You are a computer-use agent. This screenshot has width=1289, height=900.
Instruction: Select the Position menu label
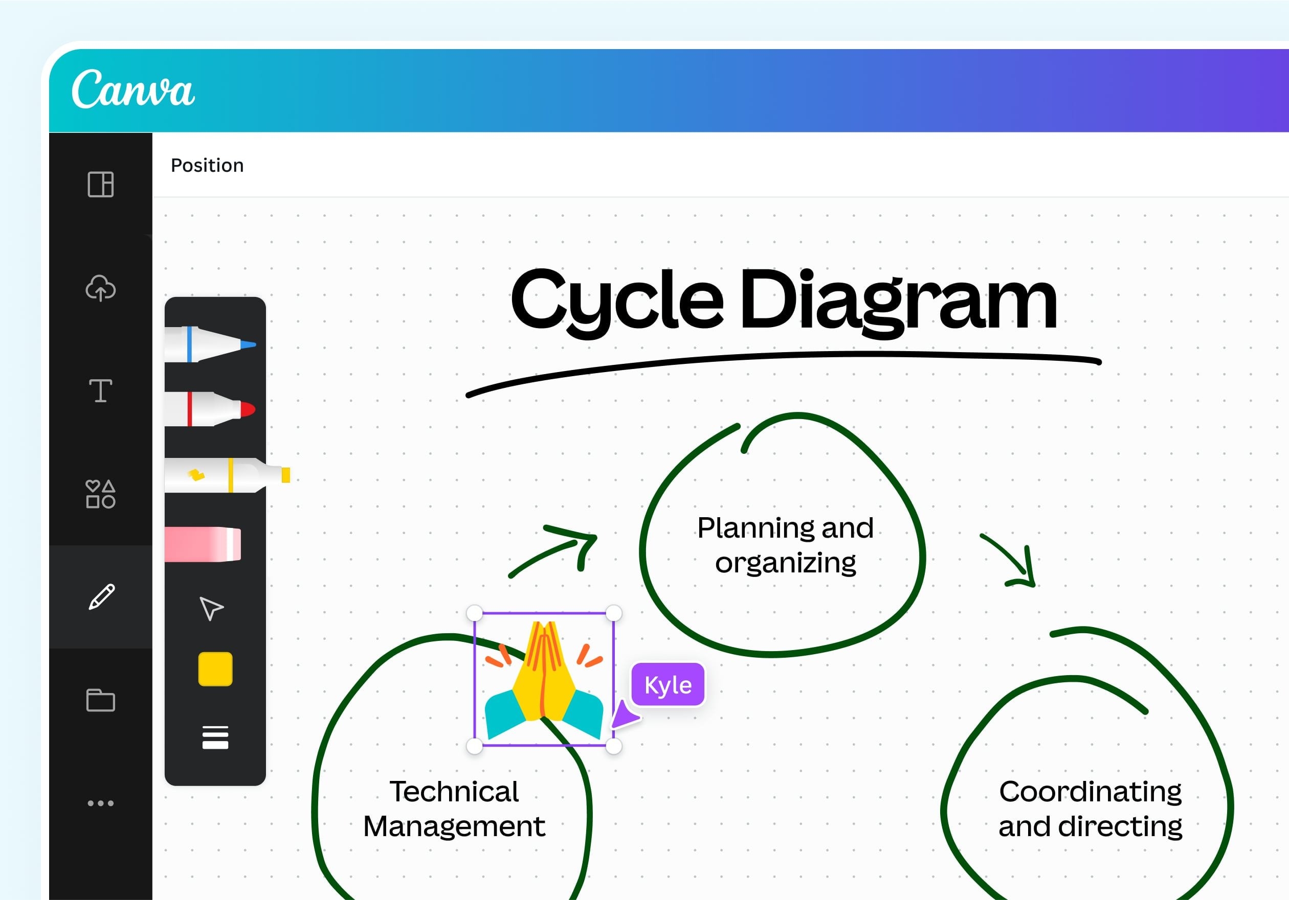pyautogui.click(x=207, y=166)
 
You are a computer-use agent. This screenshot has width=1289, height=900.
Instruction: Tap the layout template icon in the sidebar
pyautogui.click(x=100, y=184)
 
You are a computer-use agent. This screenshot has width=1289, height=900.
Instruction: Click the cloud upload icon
pyautogui.click(x=100, y=288)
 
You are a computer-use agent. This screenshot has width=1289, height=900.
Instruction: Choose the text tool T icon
pyautogui.click(x=100, y=390)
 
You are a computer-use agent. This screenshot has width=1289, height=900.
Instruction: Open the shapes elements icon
pyautogui.click(x=100, y=494)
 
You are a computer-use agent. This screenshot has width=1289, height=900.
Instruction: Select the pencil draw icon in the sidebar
pyautogui.click(x=102, y=596)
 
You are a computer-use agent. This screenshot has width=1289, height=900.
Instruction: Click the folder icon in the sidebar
pyautogui.click(x=100, y=700)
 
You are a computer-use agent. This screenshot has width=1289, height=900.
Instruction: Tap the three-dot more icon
pyautogui.click(x=100, y=803)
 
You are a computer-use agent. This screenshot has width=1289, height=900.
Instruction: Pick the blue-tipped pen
pyautogui.click(x=211, y=344)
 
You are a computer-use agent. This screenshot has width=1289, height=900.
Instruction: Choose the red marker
pyautogui.click(x=210, y=409)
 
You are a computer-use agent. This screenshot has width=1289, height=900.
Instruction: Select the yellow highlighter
pyautogui.click(x=227, y=475)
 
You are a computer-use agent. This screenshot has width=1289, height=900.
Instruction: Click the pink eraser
pyautogui.click(x=203, y=544)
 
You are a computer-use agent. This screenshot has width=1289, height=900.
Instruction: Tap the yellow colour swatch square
pyautogui.click(x=215, y=669)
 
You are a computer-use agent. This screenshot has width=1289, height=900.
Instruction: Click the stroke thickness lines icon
pyautogui.click(x=215, y=737)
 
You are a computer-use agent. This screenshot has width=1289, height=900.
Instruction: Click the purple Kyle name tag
pyautogui.click(x=668, y=684)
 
